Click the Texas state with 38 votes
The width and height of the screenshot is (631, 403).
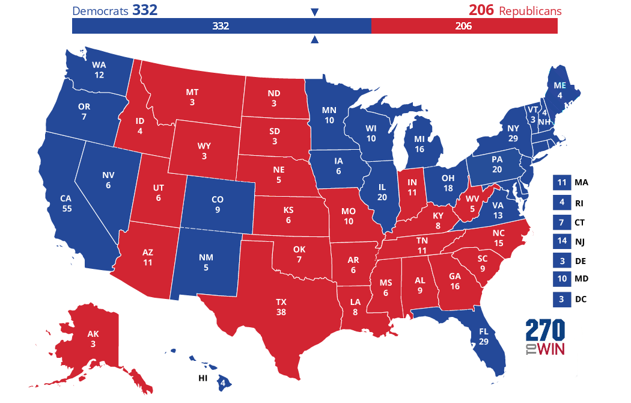tap(281, 306)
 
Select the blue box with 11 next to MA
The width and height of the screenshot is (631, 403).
tap(561, 183)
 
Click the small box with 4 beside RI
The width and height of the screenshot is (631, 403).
tap(561, 203)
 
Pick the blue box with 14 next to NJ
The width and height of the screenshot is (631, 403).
tap(561, 241)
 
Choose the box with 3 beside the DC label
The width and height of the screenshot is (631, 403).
tap(561, 299)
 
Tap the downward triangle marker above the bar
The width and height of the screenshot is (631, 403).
tap(314, 12)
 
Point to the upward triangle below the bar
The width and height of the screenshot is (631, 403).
tap(314, 40)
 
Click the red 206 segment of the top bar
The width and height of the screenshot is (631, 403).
tap(464, 26)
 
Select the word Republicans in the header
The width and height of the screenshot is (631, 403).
tap(530, 11)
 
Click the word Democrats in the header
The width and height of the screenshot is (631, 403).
tap(99, 11)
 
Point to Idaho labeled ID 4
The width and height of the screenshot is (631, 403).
tap(139, 125)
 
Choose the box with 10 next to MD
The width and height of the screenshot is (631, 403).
tap(561, 280)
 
